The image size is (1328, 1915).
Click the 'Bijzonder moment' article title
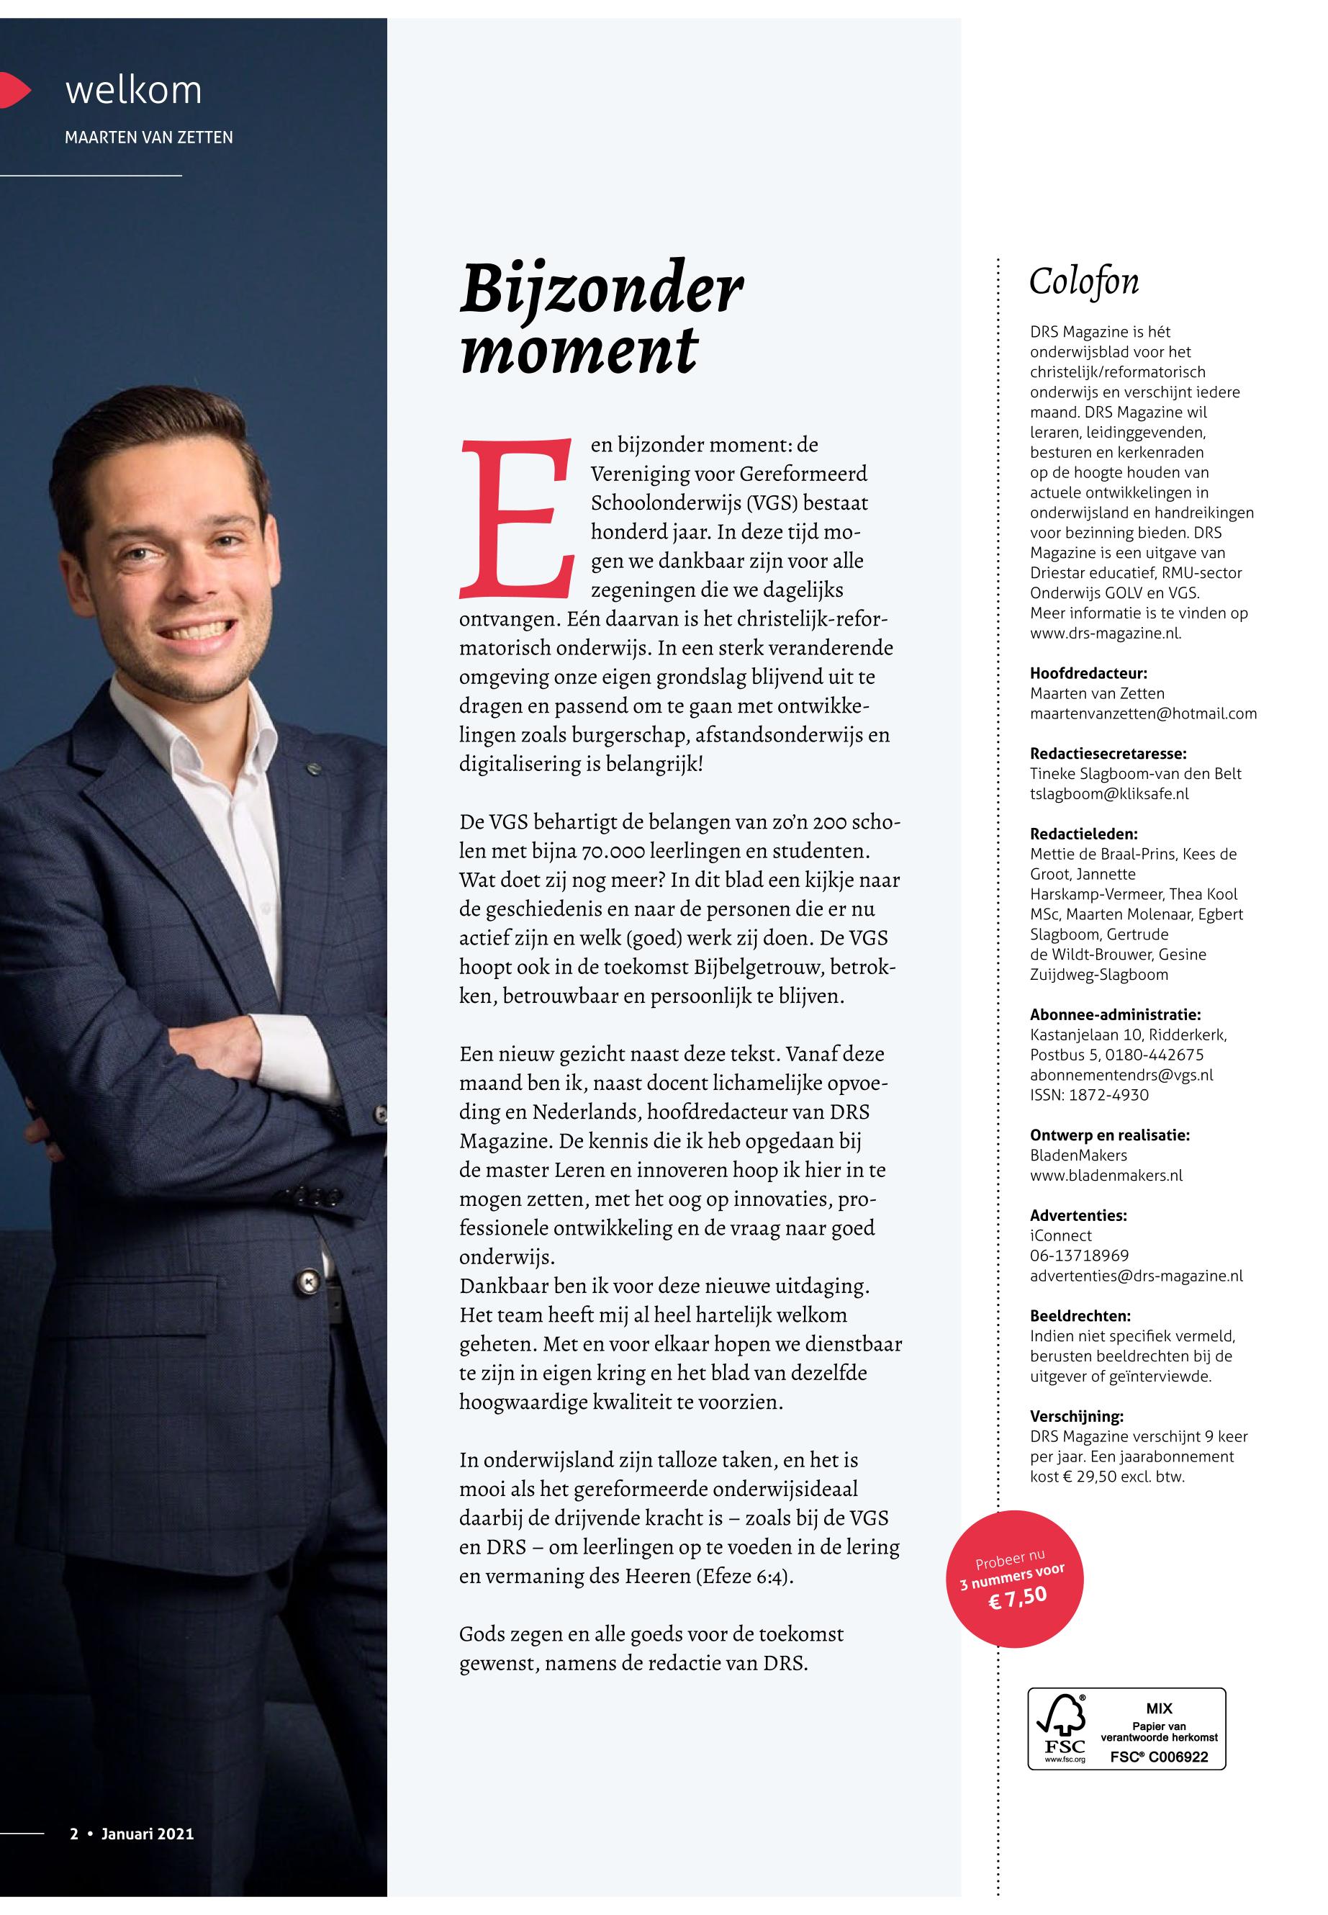click(x=601, y=319)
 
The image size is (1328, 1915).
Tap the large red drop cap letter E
click(x=516, y=518)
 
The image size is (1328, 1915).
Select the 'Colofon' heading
click(x=1083, y=282)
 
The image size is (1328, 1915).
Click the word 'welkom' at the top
click(x=133, y=90)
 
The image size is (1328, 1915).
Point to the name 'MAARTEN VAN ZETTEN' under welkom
click(x=149, y=138)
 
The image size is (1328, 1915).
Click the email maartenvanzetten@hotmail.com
click(x=1142, y=713)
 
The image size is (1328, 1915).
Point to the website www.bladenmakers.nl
click(x=1106, y=1175)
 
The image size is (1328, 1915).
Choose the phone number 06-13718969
click(x=1079, y=1255)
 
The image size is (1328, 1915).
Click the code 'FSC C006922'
click(x=1158, y=1756)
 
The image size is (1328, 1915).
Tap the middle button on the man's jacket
click(x=310, y=1279)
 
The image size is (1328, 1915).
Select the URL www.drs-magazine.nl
click(x=1105, y=634)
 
